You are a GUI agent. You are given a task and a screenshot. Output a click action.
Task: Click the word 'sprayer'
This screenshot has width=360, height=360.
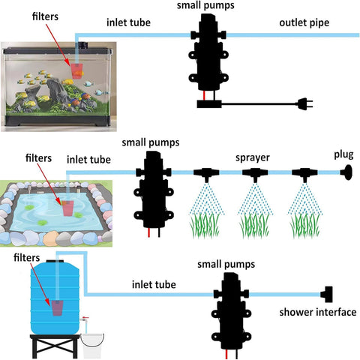click(x=252, y=158)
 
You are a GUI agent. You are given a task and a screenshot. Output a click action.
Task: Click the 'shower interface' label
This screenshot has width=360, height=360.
click(x=317, y=312)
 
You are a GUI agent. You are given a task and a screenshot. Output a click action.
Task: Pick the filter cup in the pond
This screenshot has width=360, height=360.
click(x=70, y=206)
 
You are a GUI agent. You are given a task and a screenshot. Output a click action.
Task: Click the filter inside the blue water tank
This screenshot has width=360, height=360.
click(x=57, y=307)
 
